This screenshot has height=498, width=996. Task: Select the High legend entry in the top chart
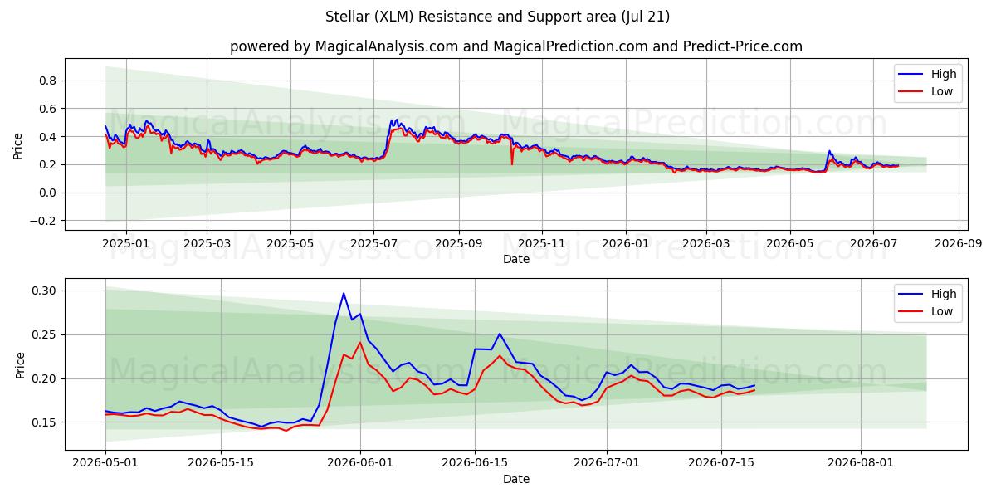[x=928, y=74]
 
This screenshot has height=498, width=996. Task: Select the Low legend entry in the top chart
[x=925, y=91]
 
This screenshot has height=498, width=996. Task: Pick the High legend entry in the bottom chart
[x=928, y=294]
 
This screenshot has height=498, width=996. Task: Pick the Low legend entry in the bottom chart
[x=925, y=312]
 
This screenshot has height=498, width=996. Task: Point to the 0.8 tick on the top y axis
[x=47, y=81]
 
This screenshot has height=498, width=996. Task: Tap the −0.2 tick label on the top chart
[x=43, y=221]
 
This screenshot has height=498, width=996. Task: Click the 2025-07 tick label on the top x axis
[x=373, y=244]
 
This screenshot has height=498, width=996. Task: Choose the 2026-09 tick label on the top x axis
[x=958, y=244]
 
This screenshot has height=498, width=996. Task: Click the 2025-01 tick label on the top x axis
[x=126, y=244]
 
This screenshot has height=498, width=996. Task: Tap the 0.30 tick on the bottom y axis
[x=44, y=291]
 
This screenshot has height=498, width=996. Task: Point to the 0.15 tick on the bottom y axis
[x=44, y=422]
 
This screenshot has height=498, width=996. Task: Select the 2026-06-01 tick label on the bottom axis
[x=360, y=463]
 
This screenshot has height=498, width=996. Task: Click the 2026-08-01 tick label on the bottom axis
[x=861, y=463]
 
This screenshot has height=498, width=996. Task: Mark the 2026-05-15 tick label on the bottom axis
[x=221, y=463]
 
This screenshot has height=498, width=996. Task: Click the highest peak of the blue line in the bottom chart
[x=344, y=294]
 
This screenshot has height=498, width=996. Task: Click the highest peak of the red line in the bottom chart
[x=360, y=342]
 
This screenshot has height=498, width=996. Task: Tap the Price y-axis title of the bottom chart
[x=20, y=365]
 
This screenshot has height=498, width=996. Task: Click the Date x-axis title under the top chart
[x=516, y=259]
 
